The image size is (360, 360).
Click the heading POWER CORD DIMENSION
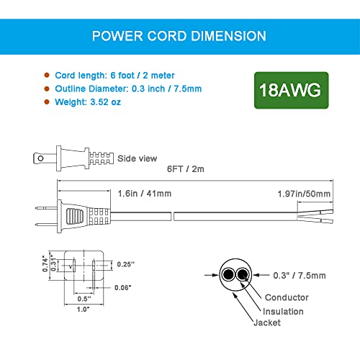click(179, 35)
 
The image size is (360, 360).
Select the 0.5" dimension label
click(84, 297)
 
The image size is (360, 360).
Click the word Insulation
click(282, 312)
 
